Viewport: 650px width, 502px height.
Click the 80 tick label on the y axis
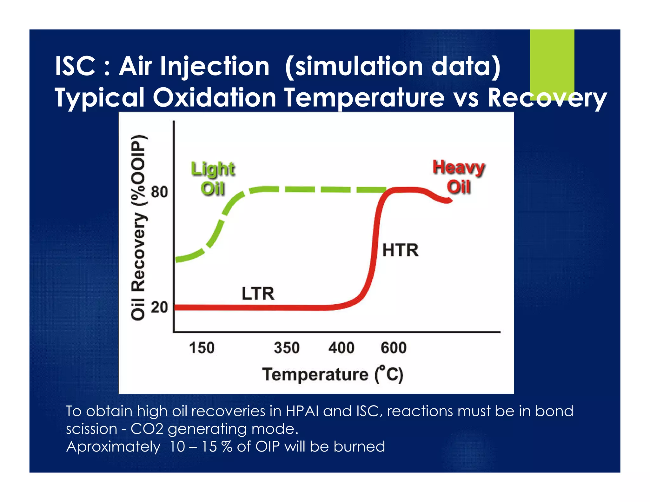(159, 192)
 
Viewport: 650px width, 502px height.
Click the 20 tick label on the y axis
(159, 307)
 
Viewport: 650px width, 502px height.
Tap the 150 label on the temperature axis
(202, 348)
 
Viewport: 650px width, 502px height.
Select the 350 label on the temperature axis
(287, 348)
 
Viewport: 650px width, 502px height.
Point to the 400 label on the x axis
(341, 348)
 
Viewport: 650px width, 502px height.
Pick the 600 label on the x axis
(394, 348)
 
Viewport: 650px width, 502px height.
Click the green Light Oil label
(213, 179)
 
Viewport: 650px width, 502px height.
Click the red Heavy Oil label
(459, 177)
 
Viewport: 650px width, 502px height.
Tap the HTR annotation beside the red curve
(400, 250)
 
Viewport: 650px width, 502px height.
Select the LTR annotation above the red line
(258, 293)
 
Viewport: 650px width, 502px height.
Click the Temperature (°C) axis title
(333, 374)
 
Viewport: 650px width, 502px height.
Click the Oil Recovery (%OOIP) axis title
(138, 227)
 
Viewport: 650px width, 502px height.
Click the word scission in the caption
(91, 429)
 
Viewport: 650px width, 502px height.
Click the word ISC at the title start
(75, 67)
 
